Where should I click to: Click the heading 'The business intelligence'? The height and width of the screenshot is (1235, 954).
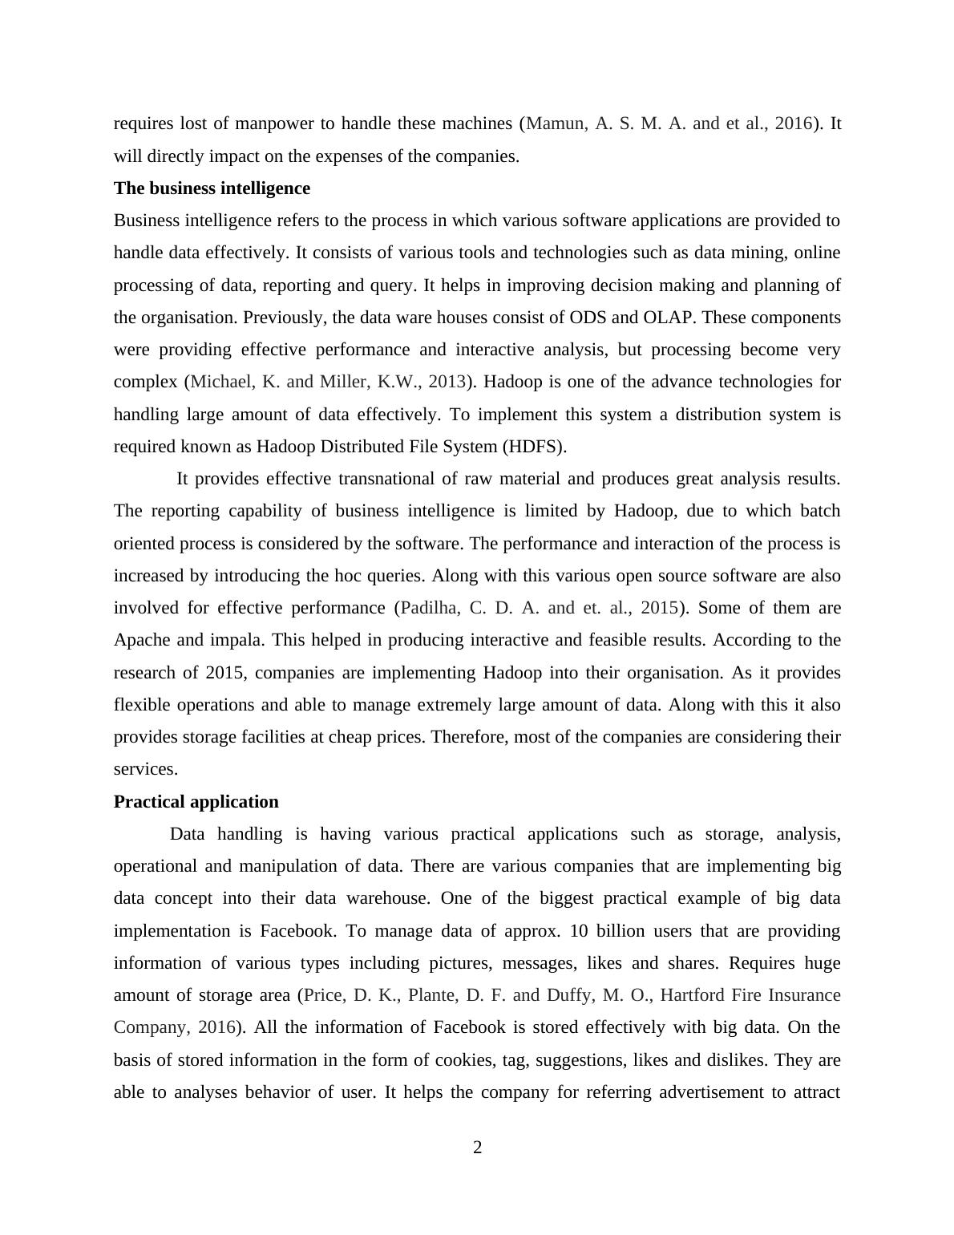pyautogui.click(x=212, y=188)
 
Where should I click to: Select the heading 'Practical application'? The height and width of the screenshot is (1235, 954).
pyautogui.click(x=196, y=802)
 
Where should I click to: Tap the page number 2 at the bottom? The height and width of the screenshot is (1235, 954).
pyautogui.click(x=478, y=1148)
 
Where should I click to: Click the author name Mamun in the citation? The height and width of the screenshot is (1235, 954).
pyautogui.click(x=556, y=123)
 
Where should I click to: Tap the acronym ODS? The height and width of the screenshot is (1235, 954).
pyautogui.click(x=588, y=318)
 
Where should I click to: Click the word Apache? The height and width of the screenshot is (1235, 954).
pyautogui.click(x=139, y=640)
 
